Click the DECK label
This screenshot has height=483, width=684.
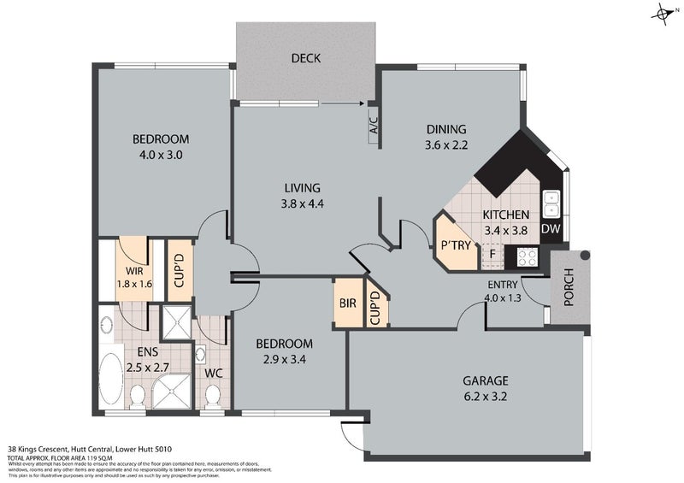point(305,59)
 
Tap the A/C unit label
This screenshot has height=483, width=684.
point(374,127)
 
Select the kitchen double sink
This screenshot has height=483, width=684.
point(552,202)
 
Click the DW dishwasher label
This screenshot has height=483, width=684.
point(551,229)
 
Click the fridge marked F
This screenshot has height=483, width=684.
point(492,254)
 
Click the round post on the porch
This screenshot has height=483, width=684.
point(585,256)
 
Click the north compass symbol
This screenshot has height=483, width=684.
point(664,13)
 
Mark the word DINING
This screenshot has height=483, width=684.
point(447,130)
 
